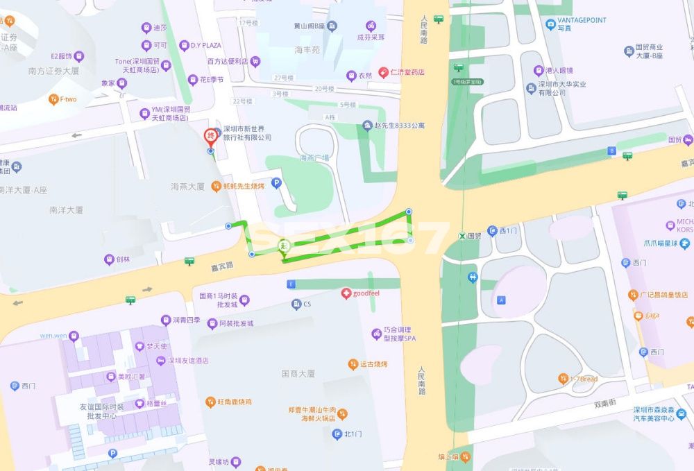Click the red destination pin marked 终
click(x=210, y=136)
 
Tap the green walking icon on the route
click(x=283, y=246)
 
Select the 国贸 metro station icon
click(x=462, y=236)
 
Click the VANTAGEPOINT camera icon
click(x=550, y=24)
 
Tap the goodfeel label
click(x=366, y=293)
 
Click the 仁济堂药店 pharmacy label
click(x=407, y=71)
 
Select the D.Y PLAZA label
click(x=201, y=46)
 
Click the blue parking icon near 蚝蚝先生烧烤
click(x=276, y=184)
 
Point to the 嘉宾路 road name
click(x=223, y=266)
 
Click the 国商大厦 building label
click(x=298, y=374)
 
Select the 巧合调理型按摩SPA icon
click(x=375, y=334)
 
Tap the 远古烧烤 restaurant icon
click(x=353, y=364)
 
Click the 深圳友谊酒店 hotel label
click(x=188, y=361)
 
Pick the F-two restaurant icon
click(x=53, y=99)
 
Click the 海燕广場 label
click(x=314, y=158)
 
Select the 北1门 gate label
click(x=353, y=434)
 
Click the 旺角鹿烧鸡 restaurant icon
click(x=210, y=402)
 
